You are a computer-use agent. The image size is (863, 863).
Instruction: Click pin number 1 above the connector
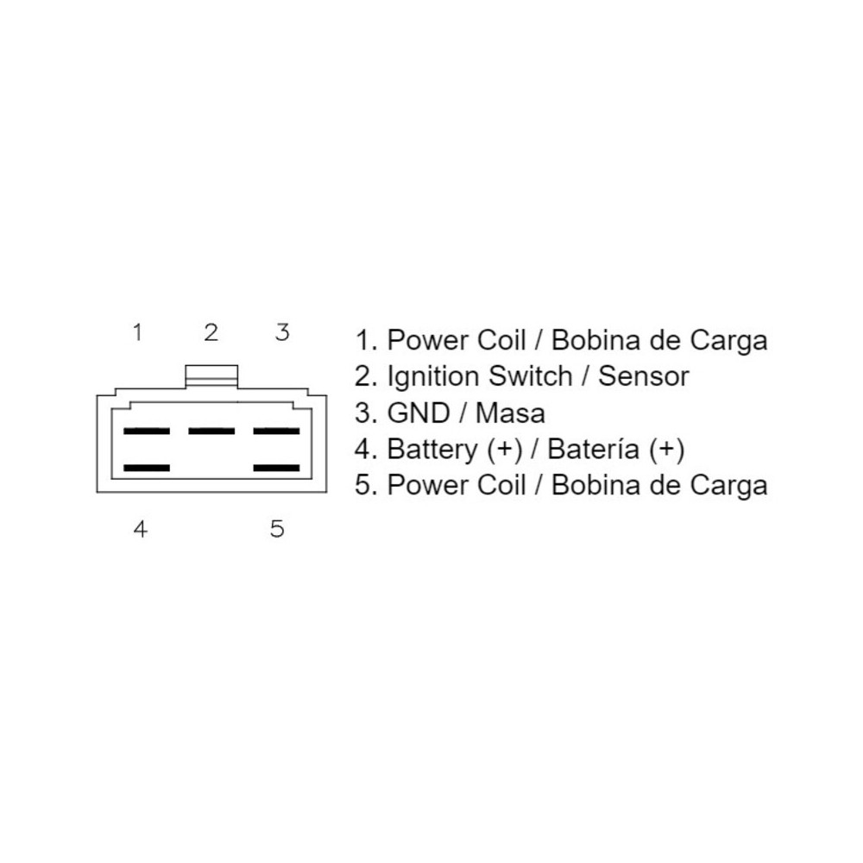tap(137, 332)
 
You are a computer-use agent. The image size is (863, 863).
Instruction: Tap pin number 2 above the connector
tap(211, 332)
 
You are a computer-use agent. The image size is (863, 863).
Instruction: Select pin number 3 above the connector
tap(282, 332)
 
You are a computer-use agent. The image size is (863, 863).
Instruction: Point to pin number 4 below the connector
tap(141, 529)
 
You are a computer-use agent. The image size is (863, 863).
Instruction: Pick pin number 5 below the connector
tap(277, 529)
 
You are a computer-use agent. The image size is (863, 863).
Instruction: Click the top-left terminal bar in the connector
tap(147, 431)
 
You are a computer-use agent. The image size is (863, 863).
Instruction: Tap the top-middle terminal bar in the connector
tap(211, 431)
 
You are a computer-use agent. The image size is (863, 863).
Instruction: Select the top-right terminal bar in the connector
tap(276, 431)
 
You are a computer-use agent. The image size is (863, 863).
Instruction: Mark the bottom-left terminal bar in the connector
tap(147, 469)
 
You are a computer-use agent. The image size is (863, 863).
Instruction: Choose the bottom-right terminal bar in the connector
tap(276, 469)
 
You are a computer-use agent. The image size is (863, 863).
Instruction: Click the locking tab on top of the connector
tap(212, 376)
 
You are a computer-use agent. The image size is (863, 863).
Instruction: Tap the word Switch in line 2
tap(531, 376)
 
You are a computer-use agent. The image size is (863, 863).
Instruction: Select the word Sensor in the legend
tap(644, 377)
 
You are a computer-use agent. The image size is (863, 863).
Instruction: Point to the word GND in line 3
tap(419, 413)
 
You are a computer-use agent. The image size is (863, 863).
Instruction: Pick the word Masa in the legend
tap(510, 413)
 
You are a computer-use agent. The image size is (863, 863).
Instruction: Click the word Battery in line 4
tap(432, 450)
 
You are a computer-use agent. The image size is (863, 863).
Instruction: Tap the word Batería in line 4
tap(594, 449)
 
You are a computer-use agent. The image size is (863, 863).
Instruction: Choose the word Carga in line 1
tap(728, 341)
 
